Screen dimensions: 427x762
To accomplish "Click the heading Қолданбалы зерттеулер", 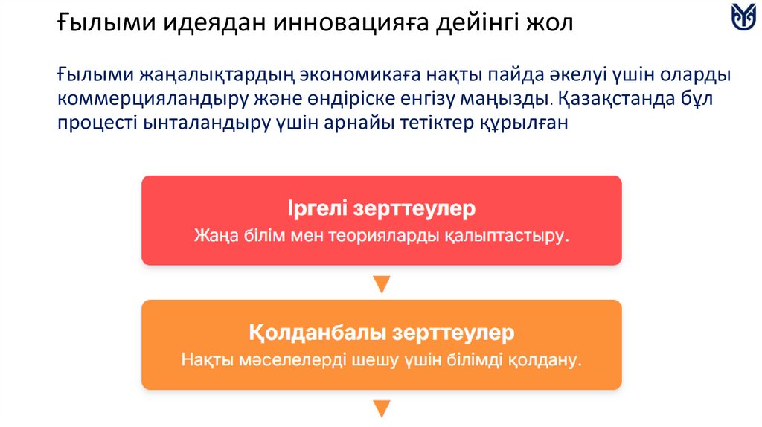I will pyautogui.click(x=381, y=332).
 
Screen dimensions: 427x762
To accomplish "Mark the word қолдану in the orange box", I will pyautogui.click(x=545, y=361).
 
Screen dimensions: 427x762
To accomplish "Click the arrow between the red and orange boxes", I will pyautogui.click(x=381, y=284).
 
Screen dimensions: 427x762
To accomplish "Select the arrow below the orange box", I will pyautogui.click(x=381, y=408).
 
